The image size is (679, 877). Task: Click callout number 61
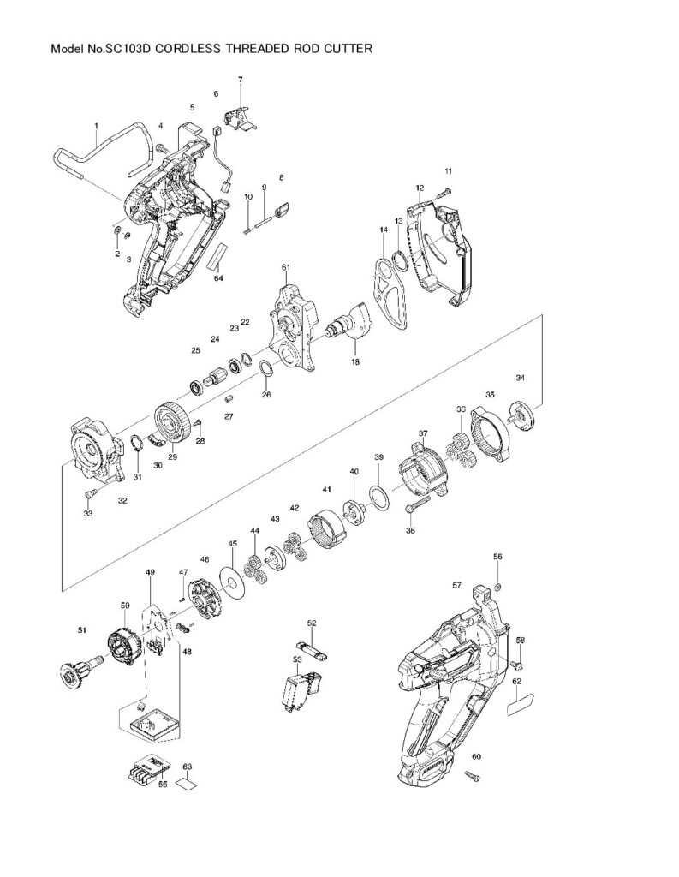click(286, 268)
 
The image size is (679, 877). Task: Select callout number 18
click(355, 362)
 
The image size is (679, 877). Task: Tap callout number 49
click(150, 572)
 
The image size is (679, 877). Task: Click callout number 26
click(266, 395)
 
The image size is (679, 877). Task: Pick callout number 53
click(297, 659)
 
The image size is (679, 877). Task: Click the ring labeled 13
click(399, 260)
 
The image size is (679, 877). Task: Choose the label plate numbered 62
click(521, 704)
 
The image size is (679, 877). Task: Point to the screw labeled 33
click(89, 494)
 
